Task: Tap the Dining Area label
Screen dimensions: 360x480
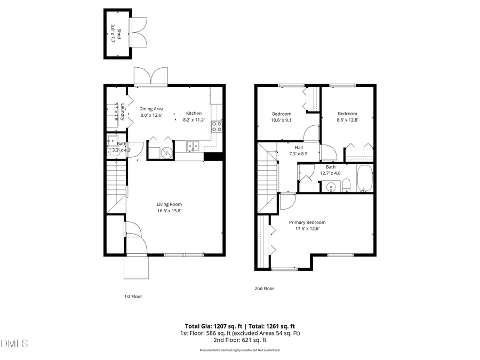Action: point(151,108)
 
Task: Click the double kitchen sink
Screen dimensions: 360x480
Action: point(193,145)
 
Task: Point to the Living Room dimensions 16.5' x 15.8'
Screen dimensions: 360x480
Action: point(169,211)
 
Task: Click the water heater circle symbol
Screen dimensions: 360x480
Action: point(166,153)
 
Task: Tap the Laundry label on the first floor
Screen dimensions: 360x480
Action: point(123,111)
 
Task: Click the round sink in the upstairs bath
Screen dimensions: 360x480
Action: point(330,187)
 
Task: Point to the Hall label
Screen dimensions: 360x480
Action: point(299,148)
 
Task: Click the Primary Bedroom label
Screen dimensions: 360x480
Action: point(307,222)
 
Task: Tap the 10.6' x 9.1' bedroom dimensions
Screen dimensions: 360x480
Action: point(282,120)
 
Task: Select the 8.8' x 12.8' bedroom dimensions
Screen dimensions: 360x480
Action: point(347,120)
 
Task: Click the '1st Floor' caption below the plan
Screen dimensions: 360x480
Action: point(133,297)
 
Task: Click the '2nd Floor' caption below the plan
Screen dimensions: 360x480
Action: point(264,289)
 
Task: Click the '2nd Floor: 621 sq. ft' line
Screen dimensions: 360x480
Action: point(239,340)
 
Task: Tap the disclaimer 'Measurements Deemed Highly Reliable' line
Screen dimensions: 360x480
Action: point(239,350)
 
